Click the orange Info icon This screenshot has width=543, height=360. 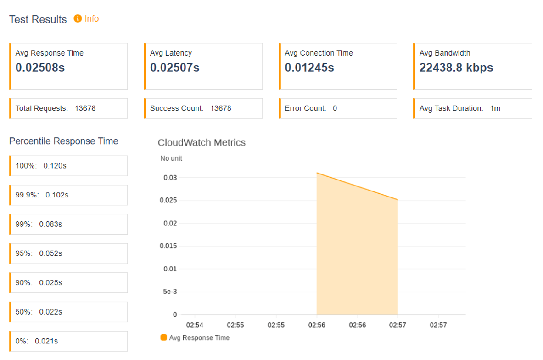pos(78,18)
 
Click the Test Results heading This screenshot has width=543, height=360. pos(38,19)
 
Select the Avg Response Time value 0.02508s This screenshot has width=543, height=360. pos(40,67)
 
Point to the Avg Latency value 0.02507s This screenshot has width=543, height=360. pos(174,67)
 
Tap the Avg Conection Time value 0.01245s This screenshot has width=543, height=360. pos(309,67)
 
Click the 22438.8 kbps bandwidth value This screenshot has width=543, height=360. pos(456,67)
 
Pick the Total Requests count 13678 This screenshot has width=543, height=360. pos(85,108)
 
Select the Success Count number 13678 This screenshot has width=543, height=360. pos(221,108)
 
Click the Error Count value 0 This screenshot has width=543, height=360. pos(335,108)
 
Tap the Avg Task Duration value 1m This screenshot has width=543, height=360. pos(495,108)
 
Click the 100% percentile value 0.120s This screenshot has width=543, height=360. pos(55,166)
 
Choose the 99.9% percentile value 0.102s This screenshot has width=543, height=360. pos(57,195)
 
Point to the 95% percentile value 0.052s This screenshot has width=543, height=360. pos(50,253)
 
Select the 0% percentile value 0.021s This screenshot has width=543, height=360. pos(46,341)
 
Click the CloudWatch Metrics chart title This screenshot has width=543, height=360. pos(202,142)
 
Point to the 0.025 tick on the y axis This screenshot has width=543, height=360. pos(168,200)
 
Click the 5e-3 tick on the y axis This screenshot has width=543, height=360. pos(170,292)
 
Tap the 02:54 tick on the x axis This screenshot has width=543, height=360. pos(195,325)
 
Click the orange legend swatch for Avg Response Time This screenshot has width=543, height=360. pos(164,337)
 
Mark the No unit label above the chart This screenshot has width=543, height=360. pos(171,158)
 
